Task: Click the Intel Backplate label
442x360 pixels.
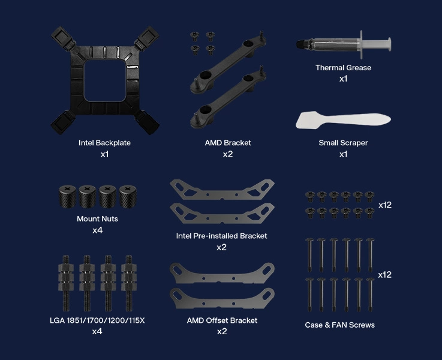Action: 104,143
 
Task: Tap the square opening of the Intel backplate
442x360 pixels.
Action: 105,80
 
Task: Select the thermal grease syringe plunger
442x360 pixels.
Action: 376,44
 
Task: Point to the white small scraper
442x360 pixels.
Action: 343,120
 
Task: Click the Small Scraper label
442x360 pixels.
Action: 343,143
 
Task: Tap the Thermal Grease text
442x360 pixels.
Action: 343,68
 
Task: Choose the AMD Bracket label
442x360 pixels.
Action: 228,143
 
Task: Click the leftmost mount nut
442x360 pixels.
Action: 67,196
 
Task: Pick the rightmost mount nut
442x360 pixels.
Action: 128,196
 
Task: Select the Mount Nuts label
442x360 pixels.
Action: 98,219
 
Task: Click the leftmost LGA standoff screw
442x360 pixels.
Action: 66,283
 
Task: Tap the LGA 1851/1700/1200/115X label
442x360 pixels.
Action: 97,320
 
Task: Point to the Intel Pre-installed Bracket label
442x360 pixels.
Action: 221,236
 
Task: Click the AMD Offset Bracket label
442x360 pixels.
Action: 222,320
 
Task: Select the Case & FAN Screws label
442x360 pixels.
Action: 339,325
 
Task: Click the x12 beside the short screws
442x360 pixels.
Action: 385,205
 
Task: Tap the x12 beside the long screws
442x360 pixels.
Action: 385,275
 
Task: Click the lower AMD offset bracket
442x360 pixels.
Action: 222,302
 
